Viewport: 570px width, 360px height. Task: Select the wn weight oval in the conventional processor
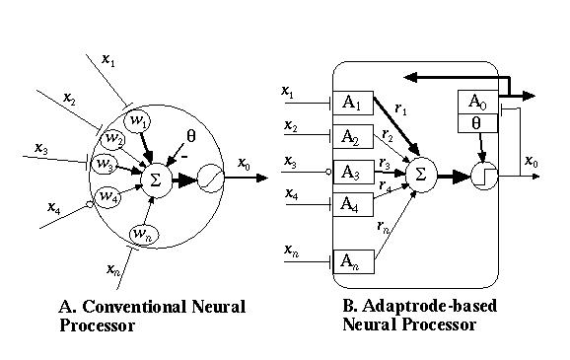[142, 233]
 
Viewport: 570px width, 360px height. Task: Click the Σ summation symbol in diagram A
[154, 179]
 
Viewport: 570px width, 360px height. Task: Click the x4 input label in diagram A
[53, 207]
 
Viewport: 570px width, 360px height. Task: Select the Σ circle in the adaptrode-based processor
[420, 174]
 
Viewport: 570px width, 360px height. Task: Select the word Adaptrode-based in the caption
[429, 306]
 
